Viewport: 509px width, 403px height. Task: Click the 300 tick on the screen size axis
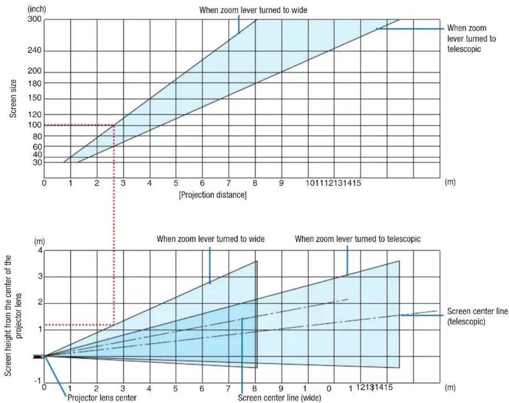pos(34,19)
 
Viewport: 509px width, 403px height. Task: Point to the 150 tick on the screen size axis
pos(34,98)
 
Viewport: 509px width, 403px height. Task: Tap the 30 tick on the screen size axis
pos(37,162)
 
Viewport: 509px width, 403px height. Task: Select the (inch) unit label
pos(36,9)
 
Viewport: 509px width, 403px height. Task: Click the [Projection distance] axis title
pos(213,195)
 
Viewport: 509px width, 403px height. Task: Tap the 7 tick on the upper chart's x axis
pos(228,183)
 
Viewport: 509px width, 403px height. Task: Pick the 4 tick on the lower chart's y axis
pos(40,250)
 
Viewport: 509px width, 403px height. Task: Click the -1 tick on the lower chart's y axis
pos(38,381)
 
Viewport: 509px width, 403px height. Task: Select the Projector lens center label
pos(102,398)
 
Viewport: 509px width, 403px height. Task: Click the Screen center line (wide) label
pos(280,398)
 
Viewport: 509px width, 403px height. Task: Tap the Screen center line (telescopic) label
pos(477,316)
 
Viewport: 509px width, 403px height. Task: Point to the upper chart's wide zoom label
pos(253,10)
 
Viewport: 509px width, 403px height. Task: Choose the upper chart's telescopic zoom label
pos(471,38)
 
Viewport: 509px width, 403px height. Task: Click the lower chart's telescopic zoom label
pos(357,239)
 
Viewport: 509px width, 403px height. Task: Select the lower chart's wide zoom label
pos(211,239)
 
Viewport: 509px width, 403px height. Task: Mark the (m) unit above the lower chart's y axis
pos(39,242)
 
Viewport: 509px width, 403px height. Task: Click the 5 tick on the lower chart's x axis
pos(175,388)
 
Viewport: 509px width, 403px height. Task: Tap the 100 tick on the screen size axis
pos(34,125)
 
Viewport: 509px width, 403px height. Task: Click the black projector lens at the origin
pos(39,357)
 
